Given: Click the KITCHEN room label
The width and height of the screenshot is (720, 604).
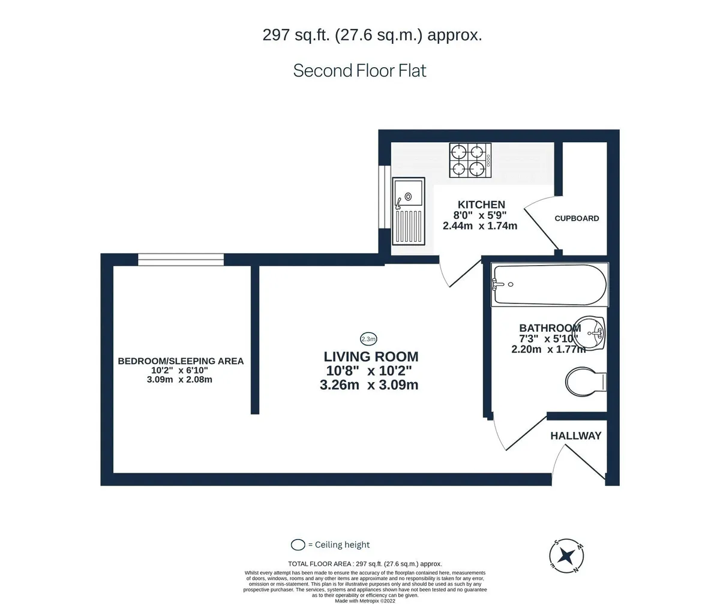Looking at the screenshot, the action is click(x=481, y=205).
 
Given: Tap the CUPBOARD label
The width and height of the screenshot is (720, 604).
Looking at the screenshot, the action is click(x=577, y=218).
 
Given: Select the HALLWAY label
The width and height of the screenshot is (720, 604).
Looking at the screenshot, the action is click(x=575, y=436).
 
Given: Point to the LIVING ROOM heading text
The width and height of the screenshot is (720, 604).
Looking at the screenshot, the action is click(x=371, y=356).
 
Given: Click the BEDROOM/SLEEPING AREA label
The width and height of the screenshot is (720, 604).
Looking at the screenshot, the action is click(x=181, y=361).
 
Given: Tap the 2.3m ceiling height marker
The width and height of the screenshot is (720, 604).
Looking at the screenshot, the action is click(x=368, y=339).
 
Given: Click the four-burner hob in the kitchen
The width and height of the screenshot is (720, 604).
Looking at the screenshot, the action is click(x=470, y=160).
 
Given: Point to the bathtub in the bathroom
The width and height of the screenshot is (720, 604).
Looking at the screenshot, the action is click(x=550, y=285).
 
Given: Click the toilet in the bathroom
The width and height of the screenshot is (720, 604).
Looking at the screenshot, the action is click(x=586, y=381).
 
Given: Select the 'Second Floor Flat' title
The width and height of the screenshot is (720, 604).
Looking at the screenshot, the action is click(x=359, y=70).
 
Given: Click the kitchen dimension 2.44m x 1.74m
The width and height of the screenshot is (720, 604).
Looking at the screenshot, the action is click(x=479, y=226).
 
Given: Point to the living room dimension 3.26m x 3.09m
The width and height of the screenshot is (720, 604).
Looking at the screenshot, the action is click(x=369, y=385).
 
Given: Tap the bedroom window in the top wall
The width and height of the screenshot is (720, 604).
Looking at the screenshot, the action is click(x=181, y=260).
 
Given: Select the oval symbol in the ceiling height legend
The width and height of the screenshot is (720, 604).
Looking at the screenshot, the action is click(x=298, y=545).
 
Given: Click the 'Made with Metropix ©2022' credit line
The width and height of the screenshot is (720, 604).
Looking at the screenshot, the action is click(x=365, y=601).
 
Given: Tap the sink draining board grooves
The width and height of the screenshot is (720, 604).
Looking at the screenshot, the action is click(x=409, y=226).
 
